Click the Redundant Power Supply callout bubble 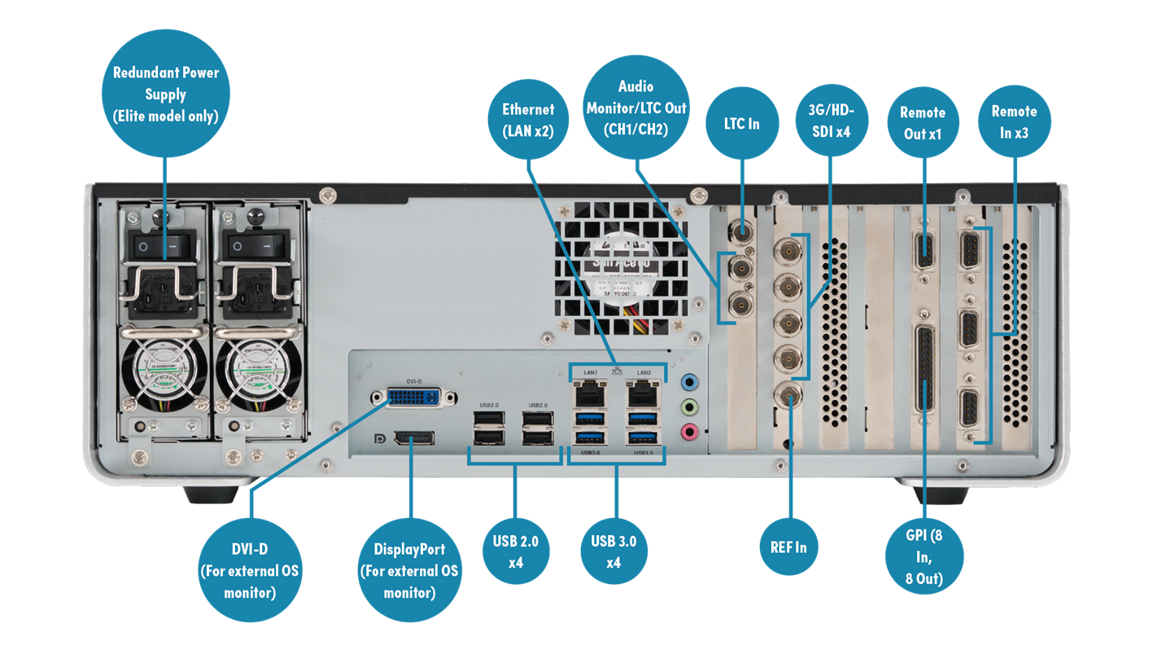pyautogui.click(x=165, y=94)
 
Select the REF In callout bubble pyautogui.click(x=788, y=547)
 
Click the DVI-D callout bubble pyautogui.click(x=249, y=569)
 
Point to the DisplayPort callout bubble pyautogui.click(x=409, y=570)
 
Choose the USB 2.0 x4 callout pyautogui.click(x=516, y=551)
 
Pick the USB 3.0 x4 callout pyautogui.click(x=614, y=551)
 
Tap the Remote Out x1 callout pyautogui.click(x=923, y=122)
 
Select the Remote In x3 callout pyautogui.click(x=1014, y=122)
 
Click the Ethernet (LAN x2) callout pyautogui.click(x=528, y=120)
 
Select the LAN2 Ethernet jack pyautogui.click(x=643, y=396)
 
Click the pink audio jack pyautogui.click(x=689, y=432)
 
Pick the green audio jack pyautogui.click(x=689, y=406)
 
